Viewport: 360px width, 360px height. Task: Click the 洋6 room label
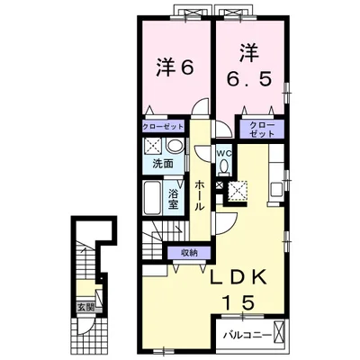click(x=175, y=68)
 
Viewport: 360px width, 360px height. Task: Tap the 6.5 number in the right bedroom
click(x=249, y=79)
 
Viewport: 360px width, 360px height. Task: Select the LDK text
click(x=238, y=277)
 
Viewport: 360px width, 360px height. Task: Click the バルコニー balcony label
click(x=247, y=335)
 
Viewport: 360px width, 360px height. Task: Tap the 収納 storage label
click(x=190, y=253)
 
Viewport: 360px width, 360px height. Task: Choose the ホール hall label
click(x=200, y=195)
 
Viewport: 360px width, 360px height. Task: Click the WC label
click(x=224, y=153)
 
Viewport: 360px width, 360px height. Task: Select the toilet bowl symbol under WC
click(x=224, y=166)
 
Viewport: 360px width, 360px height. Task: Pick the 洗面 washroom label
click(x=163, y=164)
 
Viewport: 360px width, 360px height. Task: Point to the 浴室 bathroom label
click(x=174, y=199)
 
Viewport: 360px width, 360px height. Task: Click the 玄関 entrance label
click(x=86, y=307)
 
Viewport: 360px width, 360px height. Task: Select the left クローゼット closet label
click(x=163, y=126)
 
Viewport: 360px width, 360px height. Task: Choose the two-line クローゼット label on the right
click(x=262, y=130)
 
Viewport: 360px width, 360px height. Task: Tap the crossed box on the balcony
click(x=279, y=331)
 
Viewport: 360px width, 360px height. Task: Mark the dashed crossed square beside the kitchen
click(x=238, y=191)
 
